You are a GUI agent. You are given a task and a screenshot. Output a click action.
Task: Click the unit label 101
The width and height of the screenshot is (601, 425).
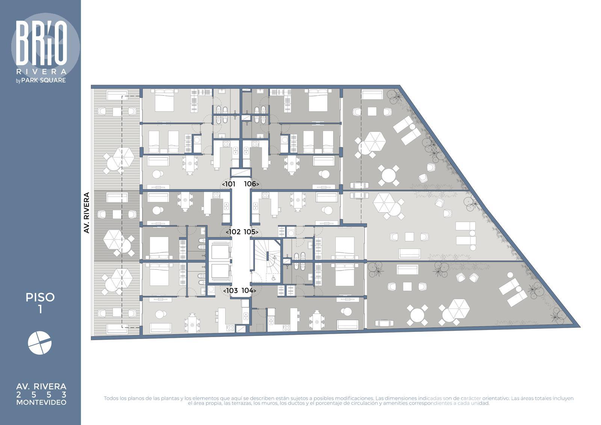pos(230,184)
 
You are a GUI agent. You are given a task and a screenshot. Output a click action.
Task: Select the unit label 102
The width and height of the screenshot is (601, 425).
pos(235,232)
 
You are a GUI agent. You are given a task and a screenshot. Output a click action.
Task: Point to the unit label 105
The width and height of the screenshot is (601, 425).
pos(249,232)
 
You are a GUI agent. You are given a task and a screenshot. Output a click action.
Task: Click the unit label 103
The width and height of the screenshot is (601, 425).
pos(232,290)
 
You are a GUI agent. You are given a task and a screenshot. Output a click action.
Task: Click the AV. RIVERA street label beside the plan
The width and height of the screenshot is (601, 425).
pos(86,213)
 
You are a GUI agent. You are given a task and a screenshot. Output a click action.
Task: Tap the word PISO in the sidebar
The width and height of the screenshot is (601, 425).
pos(40,298)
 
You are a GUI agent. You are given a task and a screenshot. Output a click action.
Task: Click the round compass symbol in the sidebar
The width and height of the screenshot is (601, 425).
pos(40,343)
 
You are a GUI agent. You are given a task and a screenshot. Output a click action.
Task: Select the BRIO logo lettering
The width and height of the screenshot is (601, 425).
pos(41,43)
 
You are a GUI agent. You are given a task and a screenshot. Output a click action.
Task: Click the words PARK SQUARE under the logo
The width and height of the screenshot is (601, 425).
pos(44,80)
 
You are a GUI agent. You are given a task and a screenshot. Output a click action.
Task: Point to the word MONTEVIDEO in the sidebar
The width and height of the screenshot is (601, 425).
pos(41,402)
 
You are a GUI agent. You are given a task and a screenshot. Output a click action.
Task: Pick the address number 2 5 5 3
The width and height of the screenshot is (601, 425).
pos(41,395)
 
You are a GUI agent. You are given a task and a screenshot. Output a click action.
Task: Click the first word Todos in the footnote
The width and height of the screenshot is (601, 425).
pos(111,398)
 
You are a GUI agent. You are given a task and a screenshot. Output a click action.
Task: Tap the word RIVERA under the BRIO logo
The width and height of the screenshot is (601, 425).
pos(41,72)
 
